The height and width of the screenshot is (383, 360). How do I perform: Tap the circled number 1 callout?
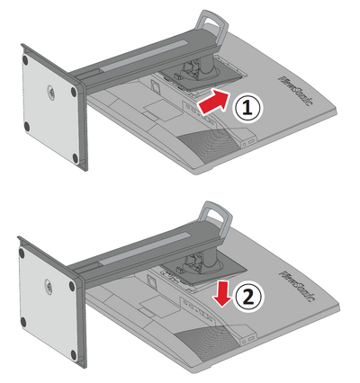pos(247,108)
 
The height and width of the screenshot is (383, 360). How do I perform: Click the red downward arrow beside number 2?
pos(222,295)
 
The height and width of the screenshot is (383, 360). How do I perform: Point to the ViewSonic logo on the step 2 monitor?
pos(295,285)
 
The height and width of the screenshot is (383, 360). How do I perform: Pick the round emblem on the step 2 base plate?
pos(49,285)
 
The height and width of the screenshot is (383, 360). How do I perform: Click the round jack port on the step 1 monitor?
pos(245,144)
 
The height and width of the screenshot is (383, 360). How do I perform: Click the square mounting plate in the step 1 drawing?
pos(202,77)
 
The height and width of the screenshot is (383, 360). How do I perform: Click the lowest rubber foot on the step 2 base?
pos(74,355)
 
